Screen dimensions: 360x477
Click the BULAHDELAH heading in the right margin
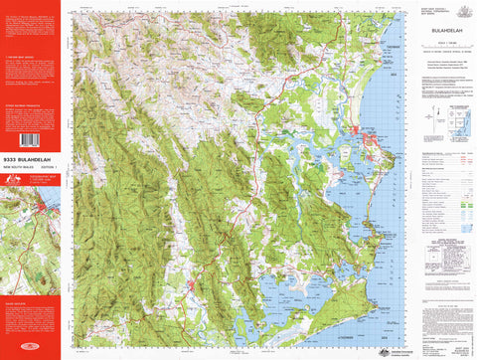pos(437,31)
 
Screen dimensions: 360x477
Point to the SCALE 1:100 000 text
pos(437,41)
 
